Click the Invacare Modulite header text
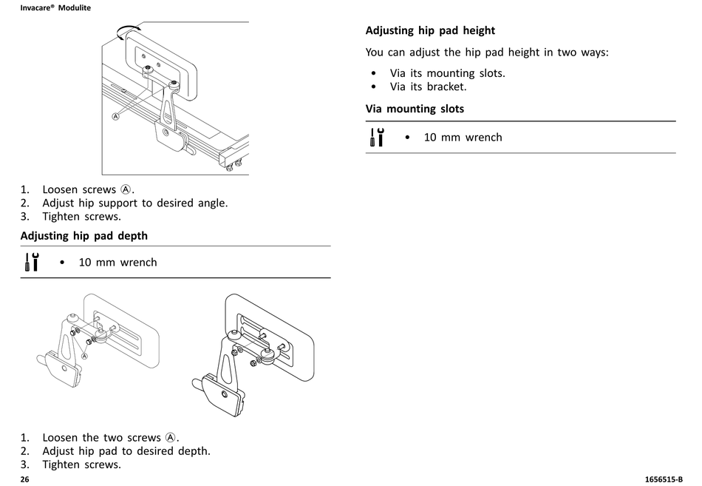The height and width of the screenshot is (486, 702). pos(55,7)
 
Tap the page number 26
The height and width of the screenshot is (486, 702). pos(24,479)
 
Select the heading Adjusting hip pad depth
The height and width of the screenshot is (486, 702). pos(84,236)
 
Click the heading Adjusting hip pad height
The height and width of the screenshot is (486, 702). pos(430,30)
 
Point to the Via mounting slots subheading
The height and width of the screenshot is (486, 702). pos(415,109)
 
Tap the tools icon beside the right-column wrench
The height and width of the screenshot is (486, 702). pos(377,137)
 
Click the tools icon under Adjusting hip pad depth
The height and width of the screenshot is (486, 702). pos(32,262)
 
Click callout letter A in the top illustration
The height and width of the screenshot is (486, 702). pos(115,116)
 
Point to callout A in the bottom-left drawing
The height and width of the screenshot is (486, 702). pos(85,356)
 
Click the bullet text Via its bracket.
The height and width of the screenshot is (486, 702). pos(428,87)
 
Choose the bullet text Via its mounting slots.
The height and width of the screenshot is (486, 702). pos(447,73)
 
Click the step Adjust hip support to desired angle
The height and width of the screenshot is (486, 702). pos(134,203)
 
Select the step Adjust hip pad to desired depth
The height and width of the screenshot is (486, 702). pos(126,450)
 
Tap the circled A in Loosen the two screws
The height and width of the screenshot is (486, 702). pos(171,437)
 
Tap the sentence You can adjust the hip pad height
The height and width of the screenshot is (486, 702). pos(487,53)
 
